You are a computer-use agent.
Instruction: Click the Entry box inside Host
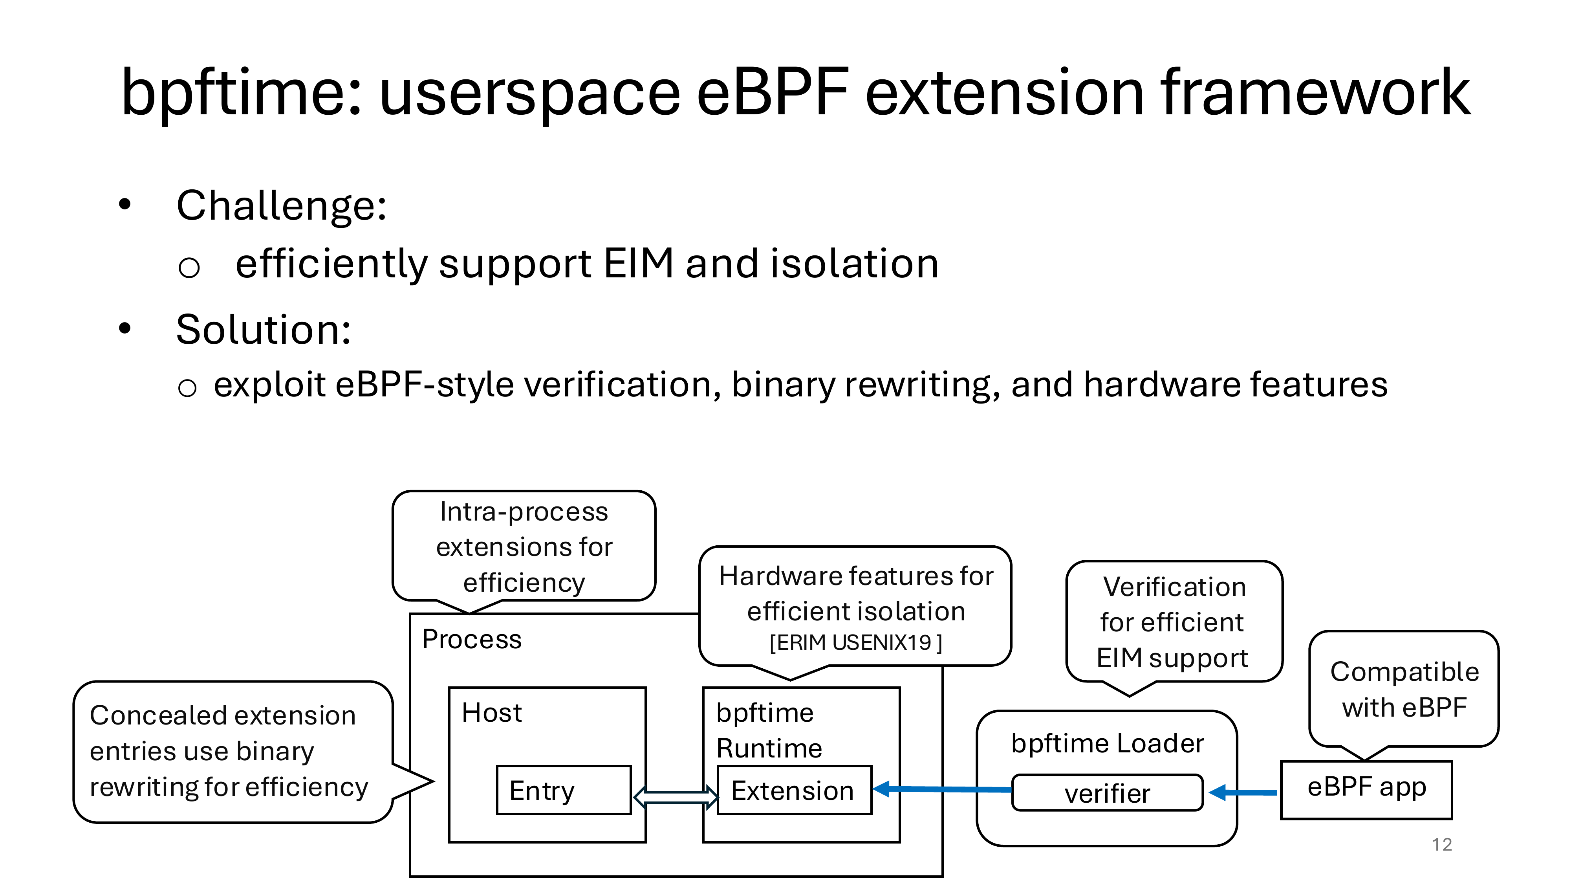pos(564,790)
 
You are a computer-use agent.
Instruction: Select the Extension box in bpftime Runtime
pos(795,790)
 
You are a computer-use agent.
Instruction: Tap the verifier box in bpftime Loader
pos(1107,792)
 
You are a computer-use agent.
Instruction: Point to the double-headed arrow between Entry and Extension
pos(675,797)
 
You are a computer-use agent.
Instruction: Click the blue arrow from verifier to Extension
pos(942,789)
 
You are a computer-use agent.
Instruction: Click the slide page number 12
pos(1442,844)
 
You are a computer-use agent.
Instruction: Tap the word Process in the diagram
pos(471,639)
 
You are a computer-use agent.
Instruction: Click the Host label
pos(492,713)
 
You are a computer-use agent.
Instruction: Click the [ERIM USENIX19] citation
pos(856,642)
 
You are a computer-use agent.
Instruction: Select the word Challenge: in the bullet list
pos(281,205)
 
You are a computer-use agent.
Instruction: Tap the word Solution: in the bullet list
pos(264,330)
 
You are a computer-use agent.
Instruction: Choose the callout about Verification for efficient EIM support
pos(1174,622)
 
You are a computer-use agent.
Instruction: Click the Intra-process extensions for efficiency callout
pos(524,547)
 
